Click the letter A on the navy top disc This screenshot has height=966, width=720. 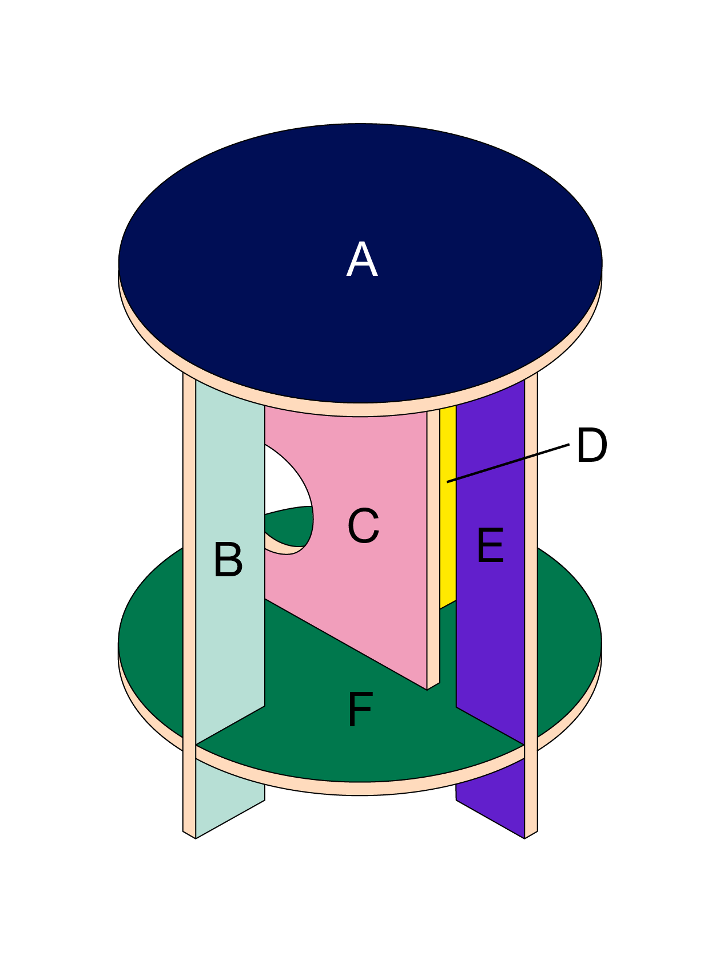click(x=362, y=260)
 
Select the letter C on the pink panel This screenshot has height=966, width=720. click(x=363, y=525)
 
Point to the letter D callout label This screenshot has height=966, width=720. click(x=591, y=445)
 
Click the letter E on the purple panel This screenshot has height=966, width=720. click(x=490, y=545)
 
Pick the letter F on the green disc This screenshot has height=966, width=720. click(x=360, y=709)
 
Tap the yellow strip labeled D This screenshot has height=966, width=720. click(x=447, y=515)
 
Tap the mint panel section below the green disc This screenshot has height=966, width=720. click(x=229, y=801)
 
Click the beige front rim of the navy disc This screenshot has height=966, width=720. click(x=360, y=410)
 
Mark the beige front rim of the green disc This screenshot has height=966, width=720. click(x=360, y=789)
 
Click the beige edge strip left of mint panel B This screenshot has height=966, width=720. click(x=189, y=572)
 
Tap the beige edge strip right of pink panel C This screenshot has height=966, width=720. click(x=433, y=544)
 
